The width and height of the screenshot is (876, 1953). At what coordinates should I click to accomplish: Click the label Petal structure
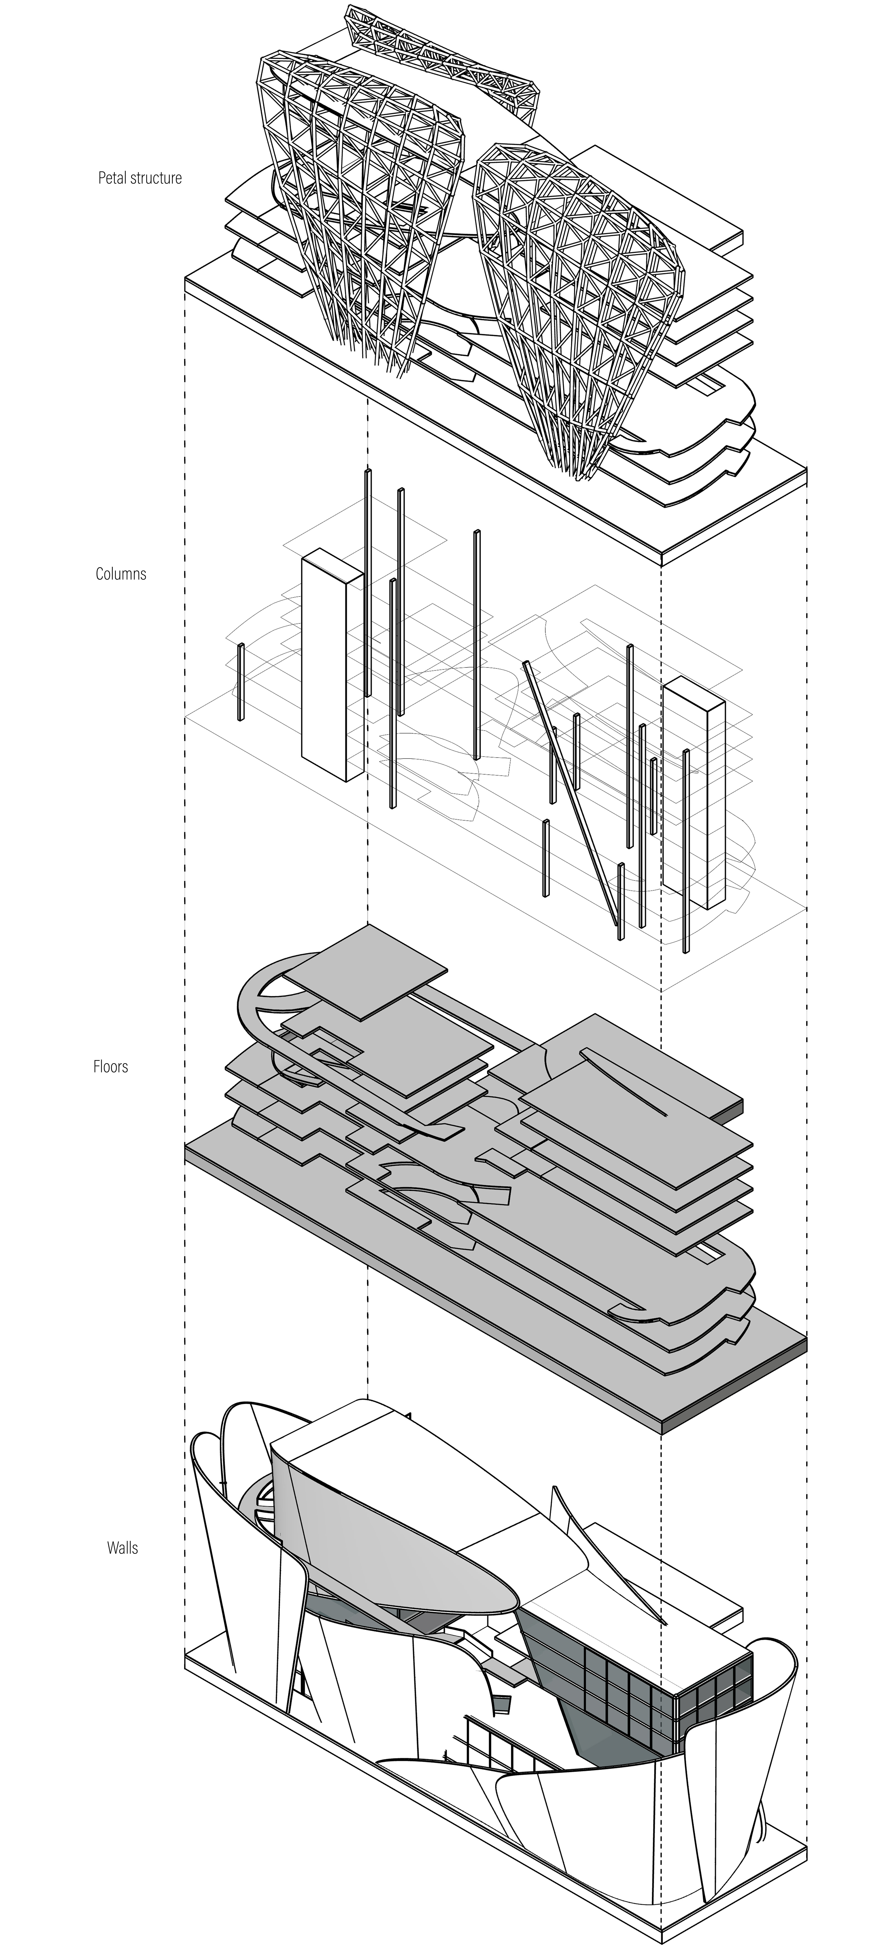coord(140,178)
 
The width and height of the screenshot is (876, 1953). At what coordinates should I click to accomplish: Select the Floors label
coord(111,1067)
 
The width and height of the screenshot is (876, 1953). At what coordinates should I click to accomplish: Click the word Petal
coord(112,178)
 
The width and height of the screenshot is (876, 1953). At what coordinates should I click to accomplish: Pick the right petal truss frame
coord(576,303)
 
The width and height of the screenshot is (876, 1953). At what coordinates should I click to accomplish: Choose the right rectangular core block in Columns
coord(693,792)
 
